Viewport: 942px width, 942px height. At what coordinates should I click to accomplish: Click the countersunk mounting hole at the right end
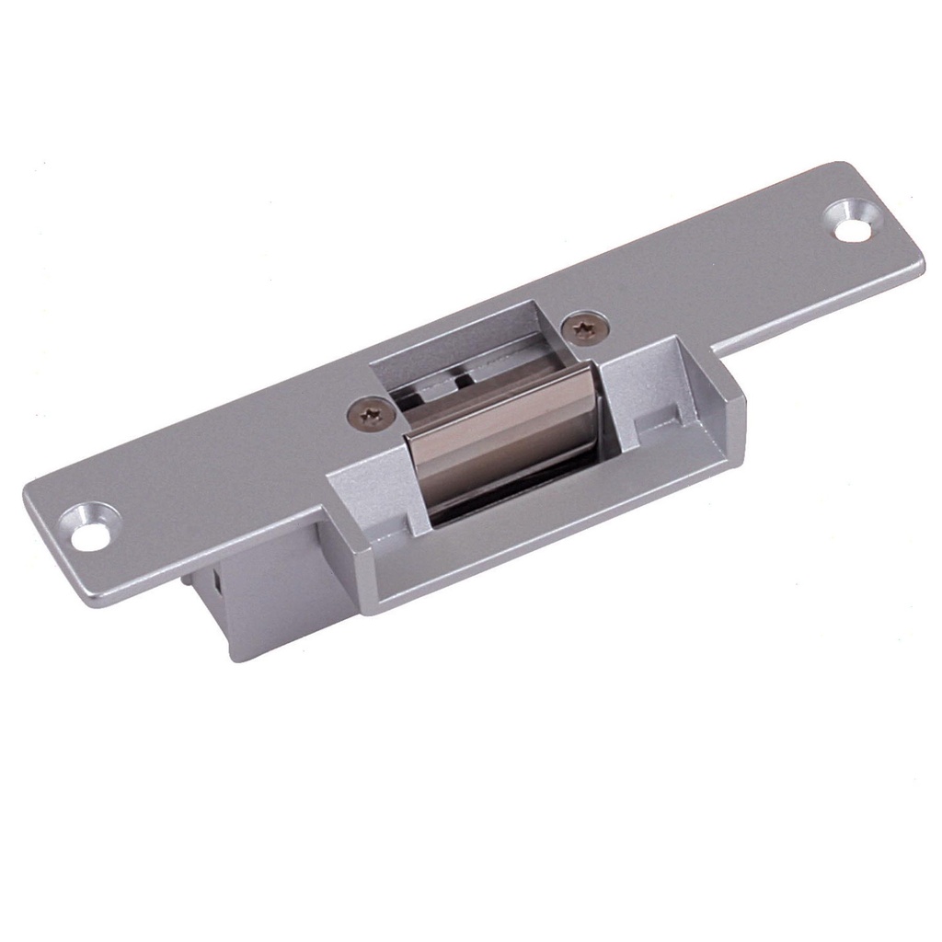[x=853, y=223]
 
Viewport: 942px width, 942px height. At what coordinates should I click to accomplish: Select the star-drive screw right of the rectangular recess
[x=585, y=327]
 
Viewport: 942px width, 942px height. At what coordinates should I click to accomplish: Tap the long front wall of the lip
[x=552, y=543]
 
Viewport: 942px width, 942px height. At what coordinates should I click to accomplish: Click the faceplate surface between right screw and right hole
[x=718, y=276]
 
